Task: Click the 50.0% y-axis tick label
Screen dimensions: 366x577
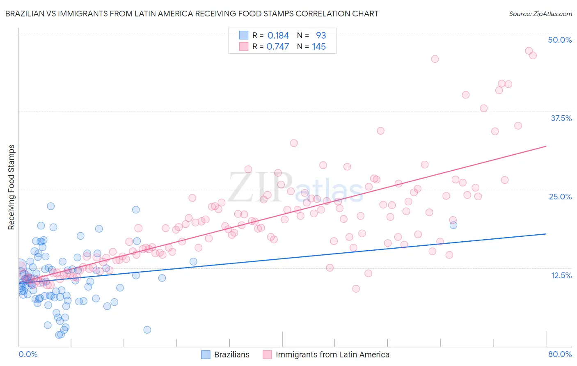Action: coord(560,40)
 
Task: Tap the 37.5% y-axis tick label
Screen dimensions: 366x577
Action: coord(561,118)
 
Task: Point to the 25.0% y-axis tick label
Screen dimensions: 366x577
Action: coord(560,197)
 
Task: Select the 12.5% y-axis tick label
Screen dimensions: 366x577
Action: coord(561,275)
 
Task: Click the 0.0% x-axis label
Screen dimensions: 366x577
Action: coord(28,354)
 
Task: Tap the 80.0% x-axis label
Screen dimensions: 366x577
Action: coord(560,354)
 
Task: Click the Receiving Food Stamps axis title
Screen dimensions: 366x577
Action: coord(11,187)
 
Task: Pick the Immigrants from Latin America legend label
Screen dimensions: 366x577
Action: coord(332,355)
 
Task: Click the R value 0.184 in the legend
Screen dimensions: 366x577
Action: coord(278,36)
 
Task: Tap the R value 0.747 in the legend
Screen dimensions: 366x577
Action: coord(278,47)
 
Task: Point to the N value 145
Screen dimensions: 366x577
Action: coord(319,47)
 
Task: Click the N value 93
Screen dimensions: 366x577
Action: coord(321,36)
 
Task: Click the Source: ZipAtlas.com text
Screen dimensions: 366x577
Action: coord(540,14)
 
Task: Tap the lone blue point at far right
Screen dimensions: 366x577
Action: coord(453,225)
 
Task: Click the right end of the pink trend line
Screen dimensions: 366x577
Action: coord(546,146)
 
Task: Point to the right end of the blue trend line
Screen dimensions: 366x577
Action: coord(546,233)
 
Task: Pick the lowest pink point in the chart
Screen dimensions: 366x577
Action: coord(356,289)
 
